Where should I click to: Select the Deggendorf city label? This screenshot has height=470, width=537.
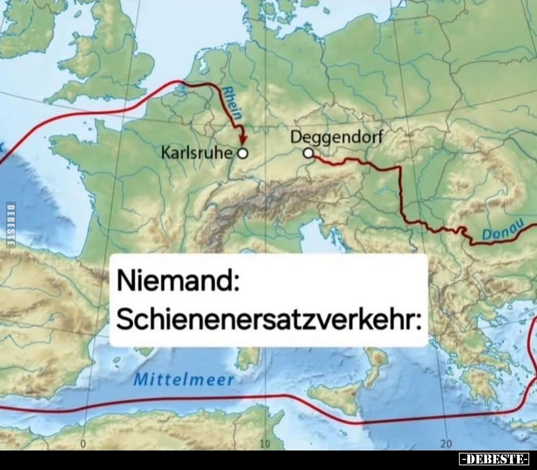tap(336, 138)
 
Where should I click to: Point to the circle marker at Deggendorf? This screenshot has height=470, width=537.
tap(308, 154)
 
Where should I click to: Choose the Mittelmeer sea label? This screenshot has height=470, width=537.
tap(184, 379)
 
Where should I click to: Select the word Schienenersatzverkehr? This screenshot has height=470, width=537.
tap(264, 320)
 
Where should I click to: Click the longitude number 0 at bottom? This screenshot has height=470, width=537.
tap(83, 444)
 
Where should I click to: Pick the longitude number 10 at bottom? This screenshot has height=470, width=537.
tap(264, 444)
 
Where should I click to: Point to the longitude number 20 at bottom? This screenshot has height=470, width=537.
tap(446, 444)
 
